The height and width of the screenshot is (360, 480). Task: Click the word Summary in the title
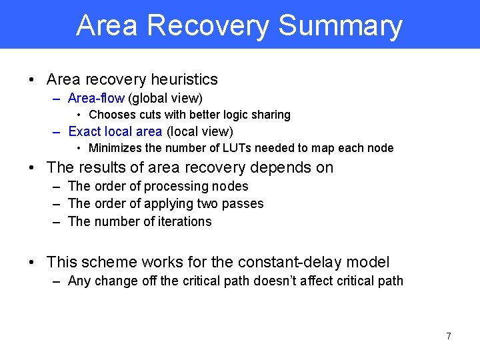340,25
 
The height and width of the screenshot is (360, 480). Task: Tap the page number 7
448,336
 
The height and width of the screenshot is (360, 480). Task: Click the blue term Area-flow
96,99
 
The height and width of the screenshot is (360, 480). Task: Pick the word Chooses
110,115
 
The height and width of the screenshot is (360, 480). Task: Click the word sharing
271,115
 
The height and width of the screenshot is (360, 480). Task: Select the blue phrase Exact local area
115,131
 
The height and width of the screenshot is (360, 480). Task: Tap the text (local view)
199,131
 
